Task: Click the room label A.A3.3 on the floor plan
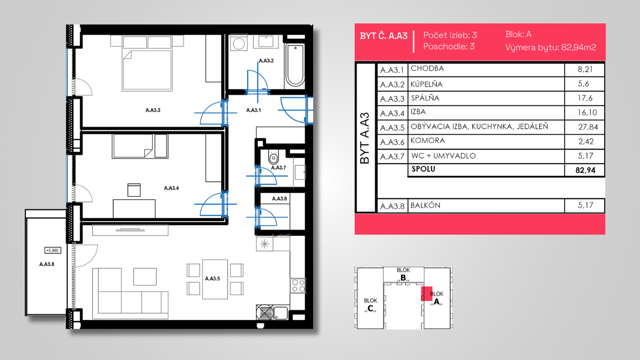click(x=153, y=110)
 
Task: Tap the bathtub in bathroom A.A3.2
click(x=295, y=66)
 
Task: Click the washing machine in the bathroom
click(x=238, y=43)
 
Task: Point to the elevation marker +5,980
click(x=52, y=250)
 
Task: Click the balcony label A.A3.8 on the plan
click(x=46, y=264)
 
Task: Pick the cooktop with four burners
click(x=298, y=286)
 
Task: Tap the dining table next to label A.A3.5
click(x=215, y=279)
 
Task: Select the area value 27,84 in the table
click(x=588, y=127)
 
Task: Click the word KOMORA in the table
click(x=427, y=141)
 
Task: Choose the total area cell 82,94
click(x=585, y=171)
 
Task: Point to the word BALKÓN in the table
click(x=425, y=205)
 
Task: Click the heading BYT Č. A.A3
click(x=383, y=36)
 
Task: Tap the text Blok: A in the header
click(x=518, y=34)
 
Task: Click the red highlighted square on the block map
click(x=426, y=293)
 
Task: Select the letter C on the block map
click(x=370, y=308)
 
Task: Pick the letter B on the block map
click(x=403, y=277)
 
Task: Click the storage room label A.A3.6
click(x=279, y=199)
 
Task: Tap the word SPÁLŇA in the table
click(x=425, y=98)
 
